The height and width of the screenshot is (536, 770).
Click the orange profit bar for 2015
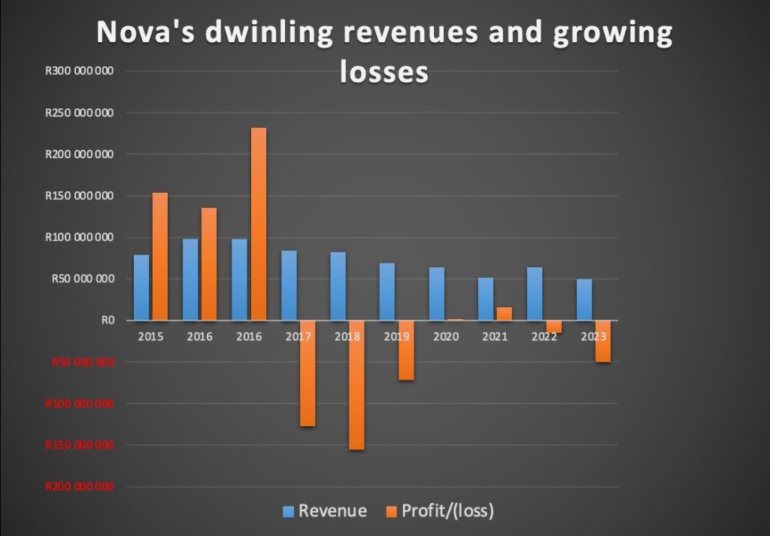pos(160,256)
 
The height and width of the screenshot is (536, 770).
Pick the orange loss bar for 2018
pos(356,385)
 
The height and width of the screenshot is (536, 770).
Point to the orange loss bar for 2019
pos(405,350)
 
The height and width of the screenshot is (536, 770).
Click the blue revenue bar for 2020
pos(437,294)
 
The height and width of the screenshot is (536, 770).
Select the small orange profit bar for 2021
pos(504,313)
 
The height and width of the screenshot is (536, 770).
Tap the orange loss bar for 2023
pos(602,341)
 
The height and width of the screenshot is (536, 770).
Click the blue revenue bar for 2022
pos(535,294)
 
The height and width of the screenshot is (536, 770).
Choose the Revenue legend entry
pos(324,511)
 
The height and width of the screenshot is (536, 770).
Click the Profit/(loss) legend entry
pos(439,511)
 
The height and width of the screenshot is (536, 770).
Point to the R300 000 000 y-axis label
pos(79,72)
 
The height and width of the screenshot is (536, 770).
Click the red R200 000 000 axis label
pos(79,486)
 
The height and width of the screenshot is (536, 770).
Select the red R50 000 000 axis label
pos(82,362)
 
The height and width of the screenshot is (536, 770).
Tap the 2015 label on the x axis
pos(150,337)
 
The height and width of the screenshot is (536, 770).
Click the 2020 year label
pos(445,337)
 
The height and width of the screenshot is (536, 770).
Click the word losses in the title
pos(383,72)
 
